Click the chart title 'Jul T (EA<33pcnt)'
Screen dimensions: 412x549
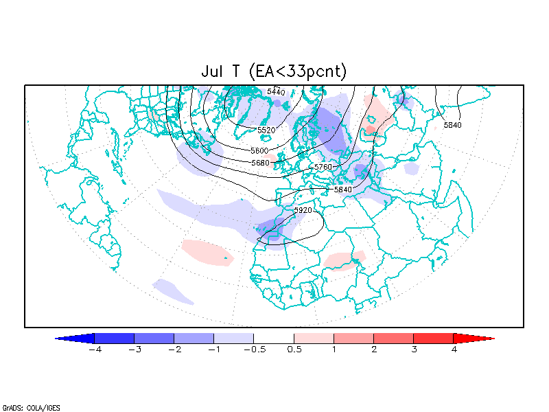[274, 71]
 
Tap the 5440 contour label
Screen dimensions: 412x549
[276, 91]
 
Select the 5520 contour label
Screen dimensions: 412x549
[266, 130]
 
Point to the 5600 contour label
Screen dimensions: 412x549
[259, 150]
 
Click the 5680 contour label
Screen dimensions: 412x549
[260, 163]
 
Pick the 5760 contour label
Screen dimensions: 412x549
[323, 168]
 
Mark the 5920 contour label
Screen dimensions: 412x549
[303, 210]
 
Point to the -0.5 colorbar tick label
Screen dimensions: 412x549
[251, 350]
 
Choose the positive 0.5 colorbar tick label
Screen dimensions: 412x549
[294, 350]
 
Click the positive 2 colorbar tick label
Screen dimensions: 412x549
[374, 350]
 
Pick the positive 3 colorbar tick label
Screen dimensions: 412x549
[414, 350]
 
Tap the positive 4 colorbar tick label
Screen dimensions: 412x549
[454, 350]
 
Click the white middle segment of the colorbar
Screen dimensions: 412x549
[274, 339]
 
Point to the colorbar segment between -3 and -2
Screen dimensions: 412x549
[154, 339]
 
